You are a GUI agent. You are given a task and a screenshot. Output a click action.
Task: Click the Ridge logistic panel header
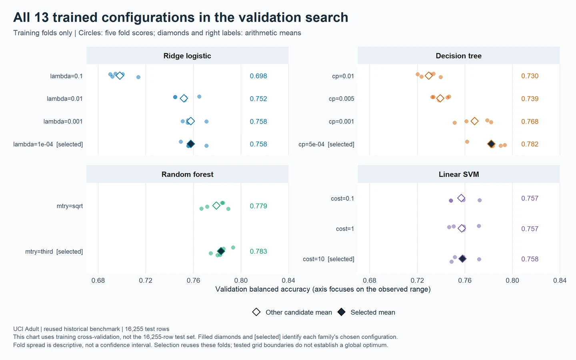(x=187, y=56)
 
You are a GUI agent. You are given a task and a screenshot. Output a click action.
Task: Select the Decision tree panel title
(x=458, y=56)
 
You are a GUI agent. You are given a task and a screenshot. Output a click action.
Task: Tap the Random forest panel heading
(x=187, y=174)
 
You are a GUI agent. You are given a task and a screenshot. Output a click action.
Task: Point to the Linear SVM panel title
(x=458, y=174)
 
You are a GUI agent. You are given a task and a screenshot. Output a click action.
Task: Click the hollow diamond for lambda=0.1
(x=120, y=76)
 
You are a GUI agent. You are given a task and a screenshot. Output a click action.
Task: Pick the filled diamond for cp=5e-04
(x=491, y=144)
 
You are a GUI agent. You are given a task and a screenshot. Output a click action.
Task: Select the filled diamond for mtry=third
(x=221, y=251)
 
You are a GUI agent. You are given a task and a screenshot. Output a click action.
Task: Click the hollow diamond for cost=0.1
(x=461, y=198)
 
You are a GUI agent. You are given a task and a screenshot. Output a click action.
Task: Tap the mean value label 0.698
(x=258, y=76)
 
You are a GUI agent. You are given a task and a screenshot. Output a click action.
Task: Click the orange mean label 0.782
(x=530, y=144)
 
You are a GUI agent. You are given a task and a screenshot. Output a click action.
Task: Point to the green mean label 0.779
(x=258, y=206)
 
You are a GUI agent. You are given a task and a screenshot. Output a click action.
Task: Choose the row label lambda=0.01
(x=64, y=99)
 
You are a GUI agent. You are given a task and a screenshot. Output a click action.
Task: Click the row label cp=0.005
(x=341, y=99)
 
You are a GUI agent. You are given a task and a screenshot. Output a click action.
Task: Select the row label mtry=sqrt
(x=70, y=206)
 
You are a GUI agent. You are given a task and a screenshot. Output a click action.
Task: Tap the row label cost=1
(x=345, y=229)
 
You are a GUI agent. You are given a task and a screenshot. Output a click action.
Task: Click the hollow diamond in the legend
(x=256, y=312)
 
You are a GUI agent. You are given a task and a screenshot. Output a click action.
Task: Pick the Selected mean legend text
(x=373, y=312)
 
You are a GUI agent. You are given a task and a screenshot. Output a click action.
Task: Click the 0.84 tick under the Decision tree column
(x=560, y=280)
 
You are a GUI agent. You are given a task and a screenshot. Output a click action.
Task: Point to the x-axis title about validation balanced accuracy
(x=323, y=289)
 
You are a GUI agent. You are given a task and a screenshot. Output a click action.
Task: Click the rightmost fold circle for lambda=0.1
(x=138, y=77)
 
